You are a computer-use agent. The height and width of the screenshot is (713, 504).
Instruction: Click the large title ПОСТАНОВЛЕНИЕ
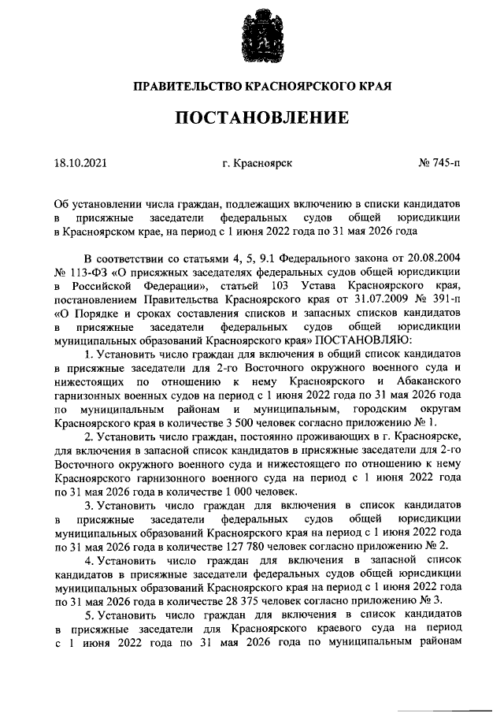pos(261,118)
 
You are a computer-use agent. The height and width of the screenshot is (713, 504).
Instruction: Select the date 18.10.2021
pos(80,164)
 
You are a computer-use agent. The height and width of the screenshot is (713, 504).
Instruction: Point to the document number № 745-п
pos(440,164)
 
